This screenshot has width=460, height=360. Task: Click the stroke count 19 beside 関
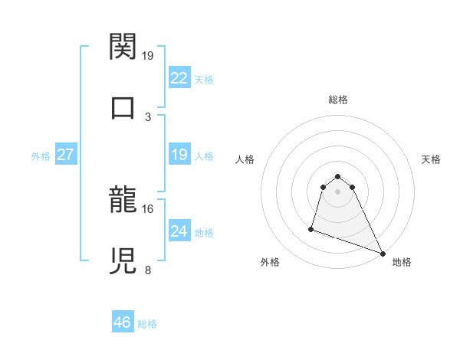pyautogui.click(x=148, y=56)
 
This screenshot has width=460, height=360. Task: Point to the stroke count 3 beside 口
pyautogui.click(x=148, y=116)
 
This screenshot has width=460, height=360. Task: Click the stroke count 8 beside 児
pyautogui.click(x=148, y=270)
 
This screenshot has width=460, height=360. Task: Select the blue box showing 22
pyautogui.click(x=179, y=78)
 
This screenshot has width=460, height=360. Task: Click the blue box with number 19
pyautogui.click(x=179, y=155)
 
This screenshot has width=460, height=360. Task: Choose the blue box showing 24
pyautogui.click(x=179, y=231)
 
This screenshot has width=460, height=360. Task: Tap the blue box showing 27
pyautogui.click(x=65, y=155)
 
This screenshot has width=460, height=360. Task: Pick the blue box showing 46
pyautogui.click(x=123, y=322)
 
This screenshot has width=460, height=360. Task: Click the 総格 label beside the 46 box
pyautogui.click(x=147, y=324)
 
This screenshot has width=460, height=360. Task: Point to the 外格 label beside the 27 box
pyautogui.click(x=41, y=156)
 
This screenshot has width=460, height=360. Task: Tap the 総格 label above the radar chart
pyautogui.click(x=338, y=100)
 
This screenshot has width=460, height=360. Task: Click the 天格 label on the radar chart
pyautogui.click(x=431, y=159)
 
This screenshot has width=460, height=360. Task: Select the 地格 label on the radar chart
pyautogui.click(x=402, y=262)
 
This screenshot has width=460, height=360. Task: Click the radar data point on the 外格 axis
pyautogui.click(x=311, y=228)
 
